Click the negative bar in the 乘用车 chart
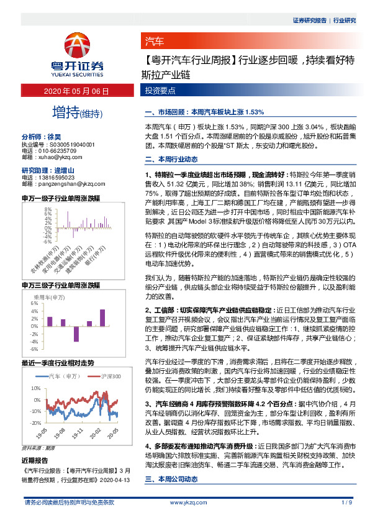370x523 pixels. coord(76,333)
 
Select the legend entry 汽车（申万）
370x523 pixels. coord(63,376)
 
